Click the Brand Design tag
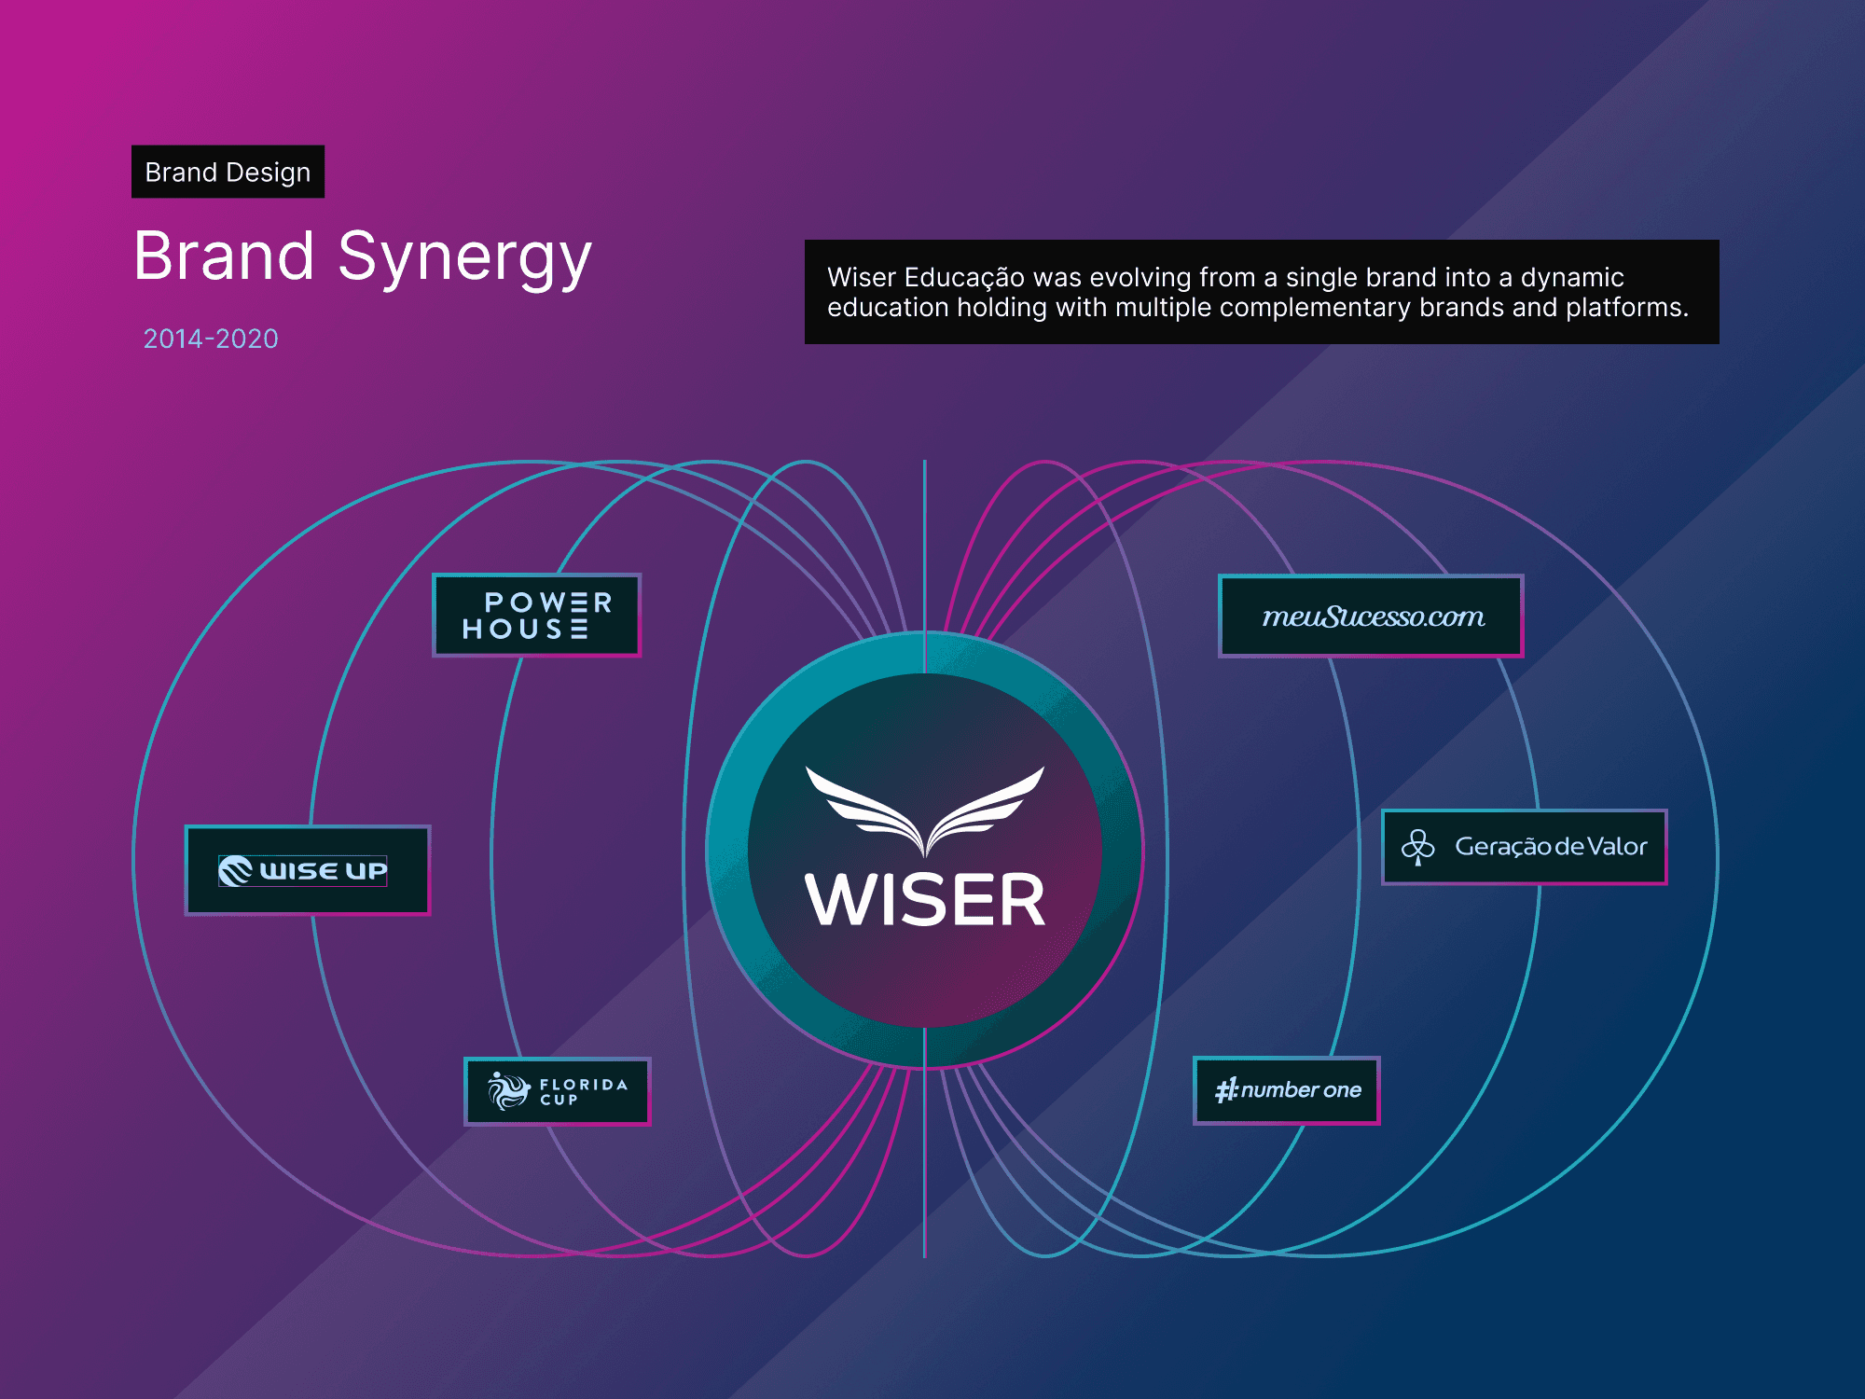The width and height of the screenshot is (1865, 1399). (228, 172)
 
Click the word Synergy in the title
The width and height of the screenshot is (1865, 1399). (464, 257)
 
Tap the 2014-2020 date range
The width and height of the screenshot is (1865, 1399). (211, 339)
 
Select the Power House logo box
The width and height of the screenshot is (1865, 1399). (536, 616)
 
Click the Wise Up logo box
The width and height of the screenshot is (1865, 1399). (307, 870)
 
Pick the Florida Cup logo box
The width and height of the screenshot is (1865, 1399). (557, 1091)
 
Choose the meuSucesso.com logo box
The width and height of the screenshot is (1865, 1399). (1371, 616)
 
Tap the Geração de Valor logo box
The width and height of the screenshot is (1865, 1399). (1524, 847)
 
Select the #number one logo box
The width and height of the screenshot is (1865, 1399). (1286, 1090)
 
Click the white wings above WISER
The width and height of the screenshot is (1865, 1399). (924, 807)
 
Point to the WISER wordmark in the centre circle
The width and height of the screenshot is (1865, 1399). (924, 901)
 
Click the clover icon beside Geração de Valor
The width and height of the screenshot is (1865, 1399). (1417, 847)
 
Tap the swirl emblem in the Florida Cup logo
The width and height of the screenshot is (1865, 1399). (508, 1090)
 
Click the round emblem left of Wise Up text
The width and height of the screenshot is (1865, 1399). (235, 870)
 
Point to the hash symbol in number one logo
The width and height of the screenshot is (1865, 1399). (1225, 1090)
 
